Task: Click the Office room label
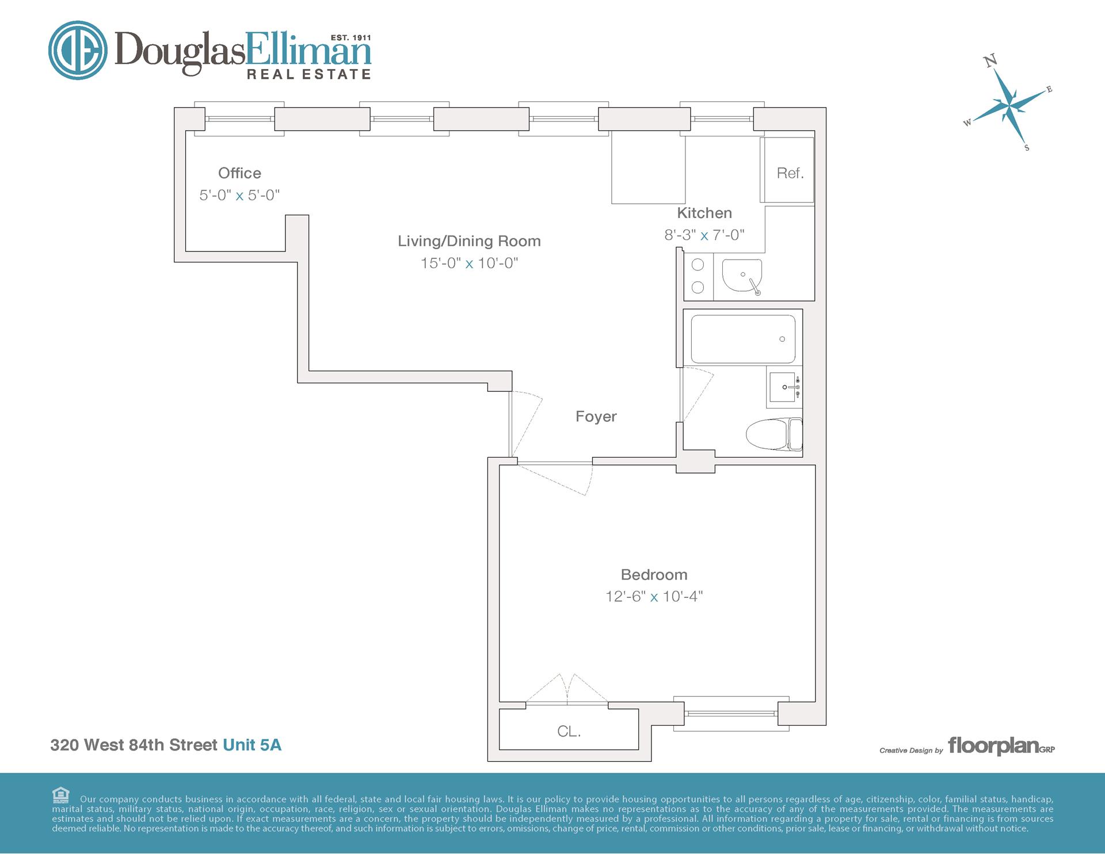pyautogui.click(x=239, y=173)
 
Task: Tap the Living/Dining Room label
pyautogui.click(x=469, y=241)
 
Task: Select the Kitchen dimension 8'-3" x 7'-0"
pyautogui.click(x=704, y=235)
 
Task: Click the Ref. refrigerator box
pyautogui.click(x=787, y=170)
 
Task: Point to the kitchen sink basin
pyautogui.click(x=742, y=274)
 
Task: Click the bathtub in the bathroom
pyautogui.click(x=743, y=339)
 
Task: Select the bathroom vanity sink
pyautogui.click(x=785, y=387)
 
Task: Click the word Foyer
pyautogui.click(x=596, y=417)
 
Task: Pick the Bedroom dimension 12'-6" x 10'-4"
pyautogui.click(x=654, y=597)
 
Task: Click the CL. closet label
pyautogui.click(x=569, y=731)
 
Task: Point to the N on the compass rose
pyautogui.click(x=990, y=60)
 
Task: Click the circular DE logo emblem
pyautogui.click(x=78, y=50)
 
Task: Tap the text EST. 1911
pyautogui.click(x=350, y=38)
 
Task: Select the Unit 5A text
pyautogui.click(x=252, y=745)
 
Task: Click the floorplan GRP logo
pyautogui.click(x=1001, y=746)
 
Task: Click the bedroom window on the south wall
pyautogui.click(x=731, y=714)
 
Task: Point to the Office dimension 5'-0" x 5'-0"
pyautogui.click(x=239, y=196)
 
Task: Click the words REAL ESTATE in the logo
pyautogui.click(x=309, y=74)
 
